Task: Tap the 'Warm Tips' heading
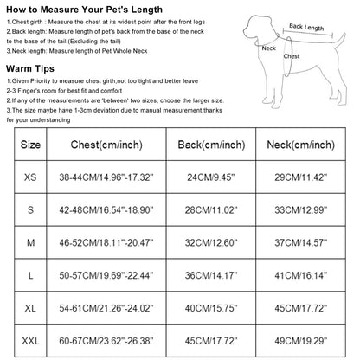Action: click(x=32, y=67)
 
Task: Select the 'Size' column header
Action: click(x=30, y=145)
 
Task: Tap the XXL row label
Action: click(x=30, y=341)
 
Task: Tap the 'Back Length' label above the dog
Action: click(x=305, y=27)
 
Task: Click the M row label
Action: click(x=30, y=242)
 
